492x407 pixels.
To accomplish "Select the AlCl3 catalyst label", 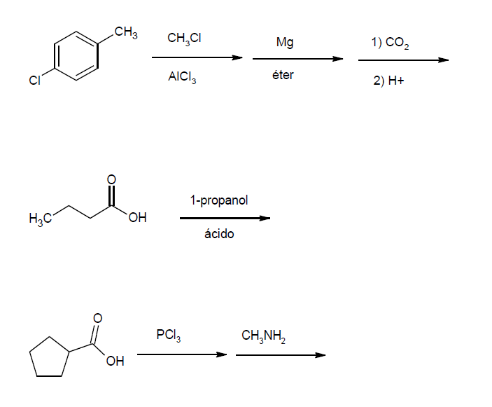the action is pyautogui.click(x=182, y=78).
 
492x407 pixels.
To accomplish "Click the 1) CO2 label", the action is pyautogui.click(x=391, y=43).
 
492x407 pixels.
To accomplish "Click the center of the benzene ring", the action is pyautogui.click(x=78, y=57).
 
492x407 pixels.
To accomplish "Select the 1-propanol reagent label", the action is pyautogui.click(x=218, y=201).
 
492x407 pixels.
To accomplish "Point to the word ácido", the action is pyautogui.click(x=219, y=234).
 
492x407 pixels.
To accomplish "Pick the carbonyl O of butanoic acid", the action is pyautogui.click(x=111, y=180).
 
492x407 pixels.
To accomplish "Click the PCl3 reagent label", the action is pyautogui.click(x=169, y=336).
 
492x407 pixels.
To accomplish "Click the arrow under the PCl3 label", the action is pyautogui.click(x=182, y=354).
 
